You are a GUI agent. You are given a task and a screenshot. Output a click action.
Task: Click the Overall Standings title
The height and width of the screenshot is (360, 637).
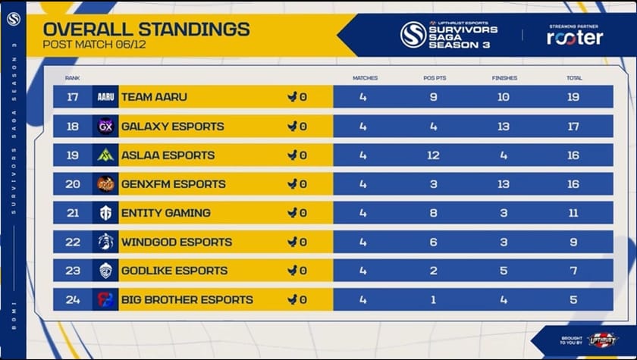click(x=146, y=29)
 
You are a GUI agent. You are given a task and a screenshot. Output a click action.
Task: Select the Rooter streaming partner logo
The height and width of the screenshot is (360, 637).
click(x=575, y=37)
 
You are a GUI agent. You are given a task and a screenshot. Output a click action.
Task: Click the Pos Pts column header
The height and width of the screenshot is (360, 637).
click(x=434, y=78)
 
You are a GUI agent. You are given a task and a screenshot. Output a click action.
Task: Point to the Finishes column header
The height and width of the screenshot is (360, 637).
click(x=504, y=78)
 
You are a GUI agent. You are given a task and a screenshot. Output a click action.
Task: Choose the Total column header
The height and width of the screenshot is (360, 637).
click(x=573, y=78)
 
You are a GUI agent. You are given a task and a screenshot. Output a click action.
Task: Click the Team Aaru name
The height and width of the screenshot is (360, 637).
click(x=154, y=97)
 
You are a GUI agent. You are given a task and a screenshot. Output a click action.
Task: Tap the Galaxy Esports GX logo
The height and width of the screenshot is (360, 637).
click(x=105, y=127)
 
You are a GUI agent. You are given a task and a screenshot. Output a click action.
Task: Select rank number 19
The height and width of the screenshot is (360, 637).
click(x=73, y=155)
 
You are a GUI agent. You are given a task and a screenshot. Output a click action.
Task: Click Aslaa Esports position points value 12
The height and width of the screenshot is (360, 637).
click(x=434, y=155)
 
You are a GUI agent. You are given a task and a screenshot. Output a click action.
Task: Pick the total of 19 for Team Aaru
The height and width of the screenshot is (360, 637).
click(x=573, y=97)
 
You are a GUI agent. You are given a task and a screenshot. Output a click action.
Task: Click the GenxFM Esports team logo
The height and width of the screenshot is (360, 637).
click(x=105, y=184)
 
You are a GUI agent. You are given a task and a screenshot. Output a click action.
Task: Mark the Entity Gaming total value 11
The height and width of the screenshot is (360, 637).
click(x=573, y=213)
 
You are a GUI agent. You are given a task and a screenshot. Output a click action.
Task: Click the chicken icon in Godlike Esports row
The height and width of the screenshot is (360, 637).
click(x=292, y=271)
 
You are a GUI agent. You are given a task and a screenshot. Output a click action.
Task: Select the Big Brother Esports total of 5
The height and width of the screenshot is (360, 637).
click(x=573, y=299)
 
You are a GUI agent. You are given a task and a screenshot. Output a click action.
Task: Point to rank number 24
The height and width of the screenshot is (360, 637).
click(x=73, y=299)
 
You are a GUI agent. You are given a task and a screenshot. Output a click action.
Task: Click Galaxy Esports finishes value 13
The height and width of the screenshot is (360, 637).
click(x=504, y=127)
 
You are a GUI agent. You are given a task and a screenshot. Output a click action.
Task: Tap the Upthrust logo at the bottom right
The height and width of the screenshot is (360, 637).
click(x=602, y=340)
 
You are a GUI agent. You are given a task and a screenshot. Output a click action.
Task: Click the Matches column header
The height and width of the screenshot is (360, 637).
click(x=365, y=78)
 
